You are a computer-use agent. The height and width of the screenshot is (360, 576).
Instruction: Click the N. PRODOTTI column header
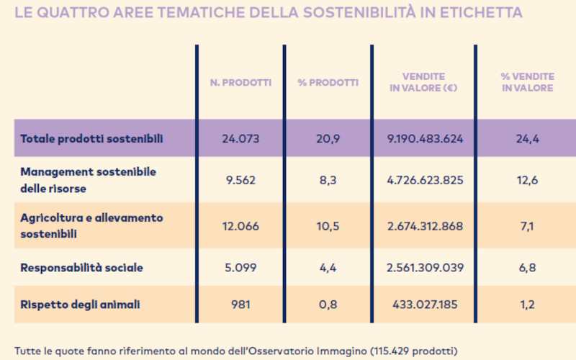point(240,83)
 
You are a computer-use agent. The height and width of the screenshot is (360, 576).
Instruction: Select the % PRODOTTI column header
point(328,83)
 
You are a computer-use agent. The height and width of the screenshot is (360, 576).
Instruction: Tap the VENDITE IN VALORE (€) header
point(423,82)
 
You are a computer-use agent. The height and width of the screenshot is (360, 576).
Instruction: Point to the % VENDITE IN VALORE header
point(527,82)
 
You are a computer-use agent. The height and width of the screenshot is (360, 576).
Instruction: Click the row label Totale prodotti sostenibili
point(92,138)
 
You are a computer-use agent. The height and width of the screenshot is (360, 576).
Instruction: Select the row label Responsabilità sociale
point(82,268)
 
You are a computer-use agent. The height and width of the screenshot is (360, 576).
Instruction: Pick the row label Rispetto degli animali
point(80,305)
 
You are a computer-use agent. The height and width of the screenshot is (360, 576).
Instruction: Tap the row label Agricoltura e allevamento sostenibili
point(92,225)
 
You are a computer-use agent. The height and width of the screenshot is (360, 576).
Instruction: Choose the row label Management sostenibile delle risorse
point(89,179)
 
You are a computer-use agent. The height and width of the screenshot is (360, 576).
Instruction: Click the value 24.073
point(240,138)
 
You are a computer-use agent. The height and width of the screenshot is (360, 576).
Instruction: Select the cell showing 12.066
point(240,226)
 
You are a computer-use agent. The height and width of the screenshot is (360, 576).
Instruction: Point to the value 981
point(240,305)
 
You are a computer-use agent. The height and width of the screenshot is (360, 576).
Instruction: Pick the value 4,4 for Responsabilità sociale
point(328,268)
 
